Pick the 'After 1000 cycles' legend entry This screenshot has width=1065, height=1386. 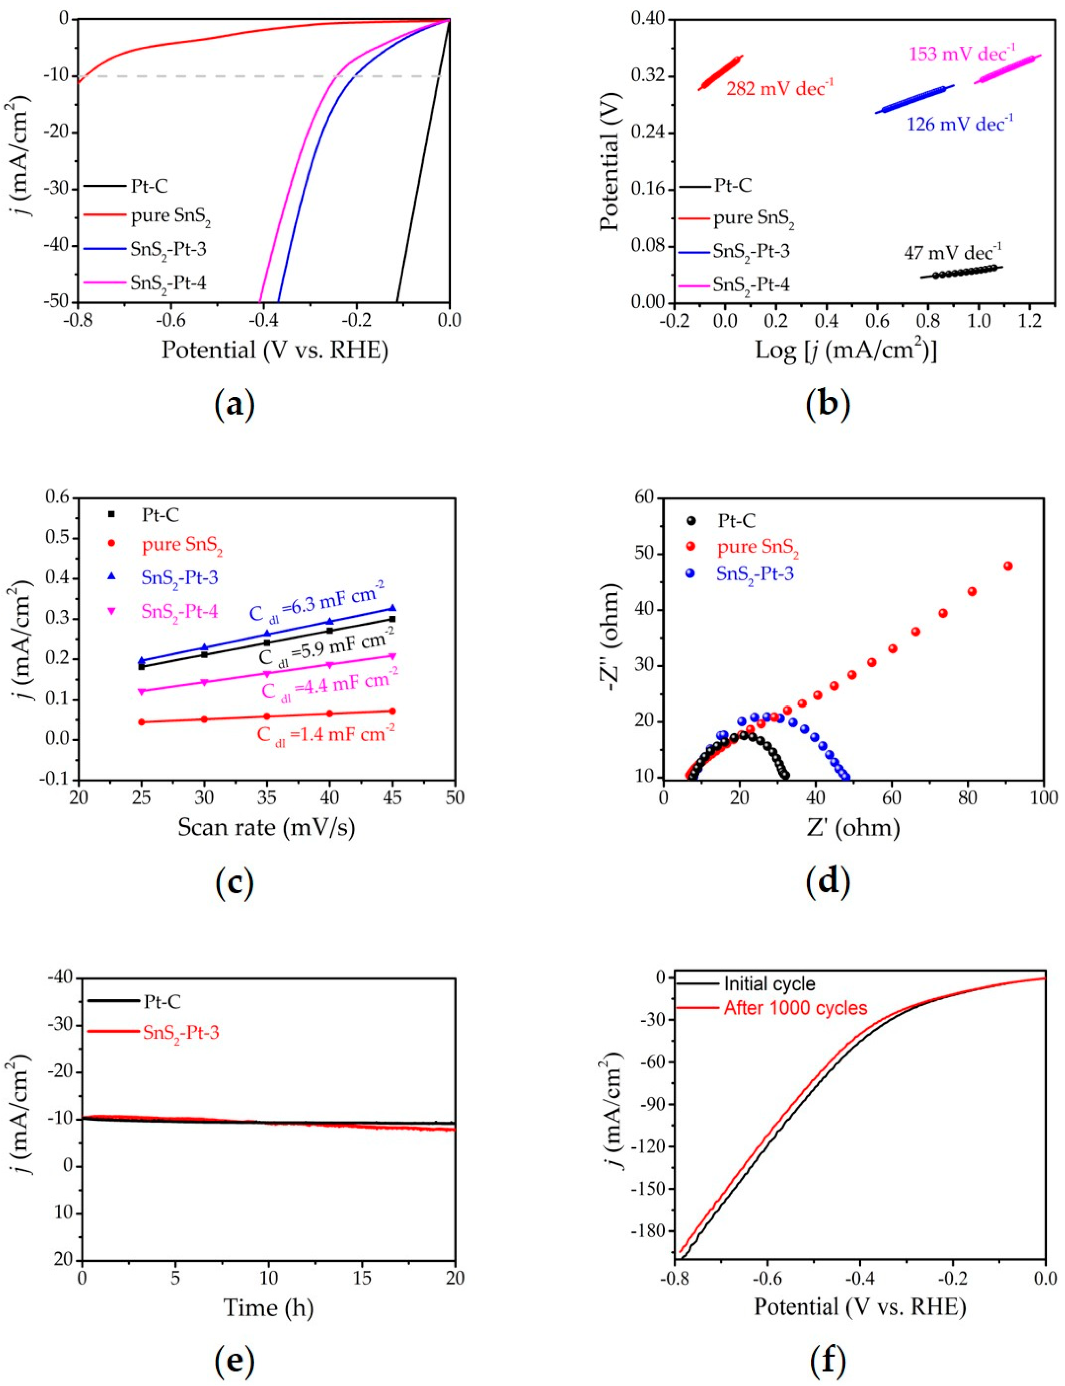tap(795, 1008)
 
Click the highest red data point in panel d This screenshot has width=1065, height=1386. tap(1008, 566)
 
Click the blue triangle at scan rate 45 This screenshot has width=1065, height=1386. tap(392, 607)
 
